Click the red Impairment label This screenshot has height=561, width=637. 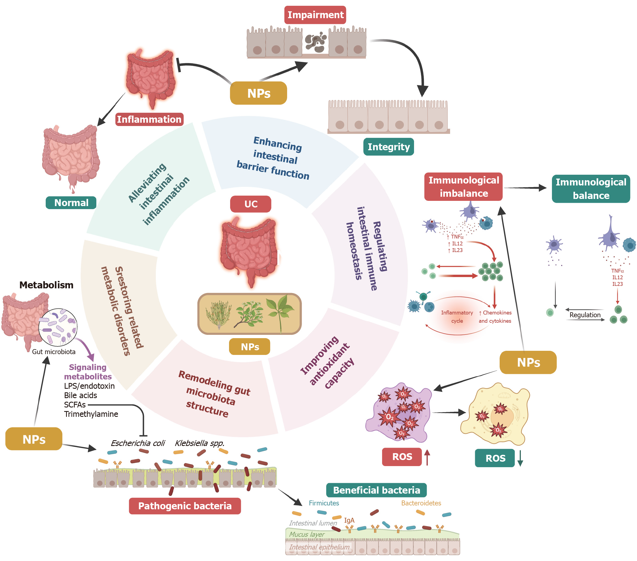tap(315, 15)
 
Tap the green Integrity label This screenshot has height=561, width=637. tap(388, 147)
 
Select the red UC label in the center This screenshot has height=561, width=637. tap(251, 204)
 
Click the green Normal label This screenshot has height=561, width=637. tap(71, 203)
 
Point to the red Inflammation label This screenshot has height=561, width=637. tap(149, 119)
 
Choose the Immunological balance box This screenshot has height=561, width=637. tap(590, 189)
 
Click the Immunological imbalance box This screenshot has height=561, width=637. tap(463, 187)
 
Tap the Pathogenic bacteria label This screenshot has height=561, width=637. tap(185, 506)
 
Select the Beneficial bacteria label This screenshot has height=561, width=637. tap(376, 490)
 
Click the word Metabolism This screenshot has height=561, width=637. tap(46, 285)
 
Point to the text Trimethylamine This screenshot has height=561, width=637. tap(91, 414)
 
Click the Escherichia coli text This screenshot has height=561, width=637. tap(138, 443)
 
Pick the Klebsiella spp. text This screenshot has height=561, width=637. tap(200, 443)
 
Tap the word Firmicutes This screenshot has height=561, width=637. tap(324, 503)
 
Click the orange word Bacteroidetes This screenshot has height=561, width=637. tap(421, 503)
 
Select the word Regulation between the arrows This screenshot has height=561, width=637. tap(585, 315)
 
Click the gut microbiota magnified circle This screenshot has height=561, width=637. tap(58, 327)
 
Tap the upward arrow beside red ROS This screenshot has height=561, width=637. tap(427, 457)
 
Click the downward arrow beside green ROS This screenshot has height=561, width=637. tap(520, 459)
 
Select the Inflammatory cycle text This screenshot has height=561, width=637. tap(457, 317)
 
